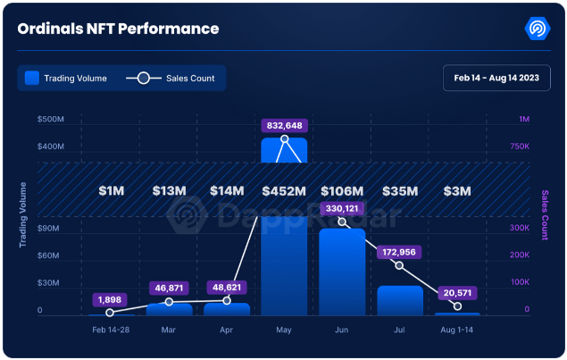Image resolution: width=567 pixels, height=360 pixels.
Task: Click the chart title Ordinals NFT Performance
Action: [118, 29]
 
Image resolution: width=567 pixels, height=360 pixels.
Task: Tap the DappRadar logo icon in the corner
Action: [538, 28]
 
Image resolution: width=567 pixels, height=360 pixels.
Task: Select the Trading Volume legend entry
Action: [66, 79]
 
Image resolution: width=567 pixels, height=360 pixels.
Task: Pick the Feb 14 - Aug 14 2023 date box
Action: [496, 79]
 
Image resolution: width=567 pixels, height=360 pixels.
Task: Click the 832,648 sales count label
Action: [284, 124]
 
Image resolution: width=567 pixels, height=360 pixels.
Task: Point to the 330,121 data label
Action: [341, 209]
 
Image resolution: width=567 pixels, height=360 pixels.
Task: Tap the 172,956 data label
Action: [399, 252]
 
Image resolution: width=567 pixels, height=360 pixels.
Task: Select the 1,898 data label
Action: [110, 298]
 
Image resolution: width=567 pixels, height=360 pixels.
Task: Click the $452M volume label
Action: [284, 191]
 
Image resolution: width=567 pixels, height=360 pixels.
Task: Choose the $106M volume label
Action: [341, 191]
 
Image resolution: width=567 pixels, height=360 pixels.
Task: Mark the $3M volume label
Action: [457, 191]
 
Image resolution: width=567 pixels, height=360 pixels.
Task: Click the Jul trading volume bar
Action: [399, 300]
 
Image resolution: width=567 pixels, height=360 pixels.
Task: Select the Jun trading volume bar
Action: [341, 272]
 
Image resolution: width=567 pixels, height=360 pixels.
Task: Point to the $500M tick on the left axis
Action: [49, 119]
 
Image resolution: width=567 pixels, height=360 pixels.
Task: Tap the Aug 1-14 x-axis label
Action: [457, 331]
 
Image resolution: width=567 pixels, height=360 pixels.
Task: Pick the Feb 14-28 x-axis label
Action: [111, 331]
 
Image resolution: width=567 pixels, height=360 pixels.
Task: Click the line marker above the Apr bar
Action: [226, 300]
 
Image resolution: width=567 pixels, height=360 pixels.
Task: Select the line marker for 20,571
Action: [457, 306]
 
